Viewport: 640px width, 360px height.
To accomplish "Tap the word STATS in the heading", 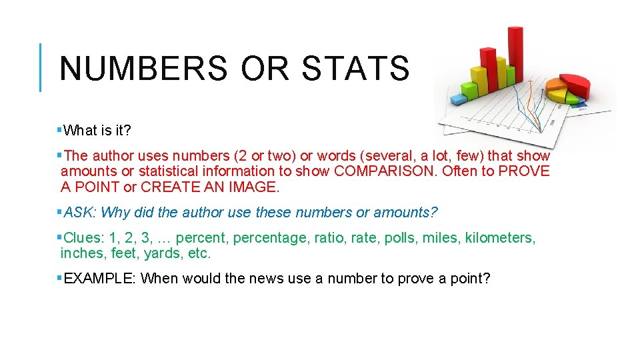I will [x=355, y=68].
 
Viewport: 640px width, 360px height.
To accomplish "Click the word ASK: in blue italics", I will [x=79, y=213].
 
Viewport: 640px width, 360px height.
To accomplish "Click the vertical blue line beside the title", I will [x=41, y=67].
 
